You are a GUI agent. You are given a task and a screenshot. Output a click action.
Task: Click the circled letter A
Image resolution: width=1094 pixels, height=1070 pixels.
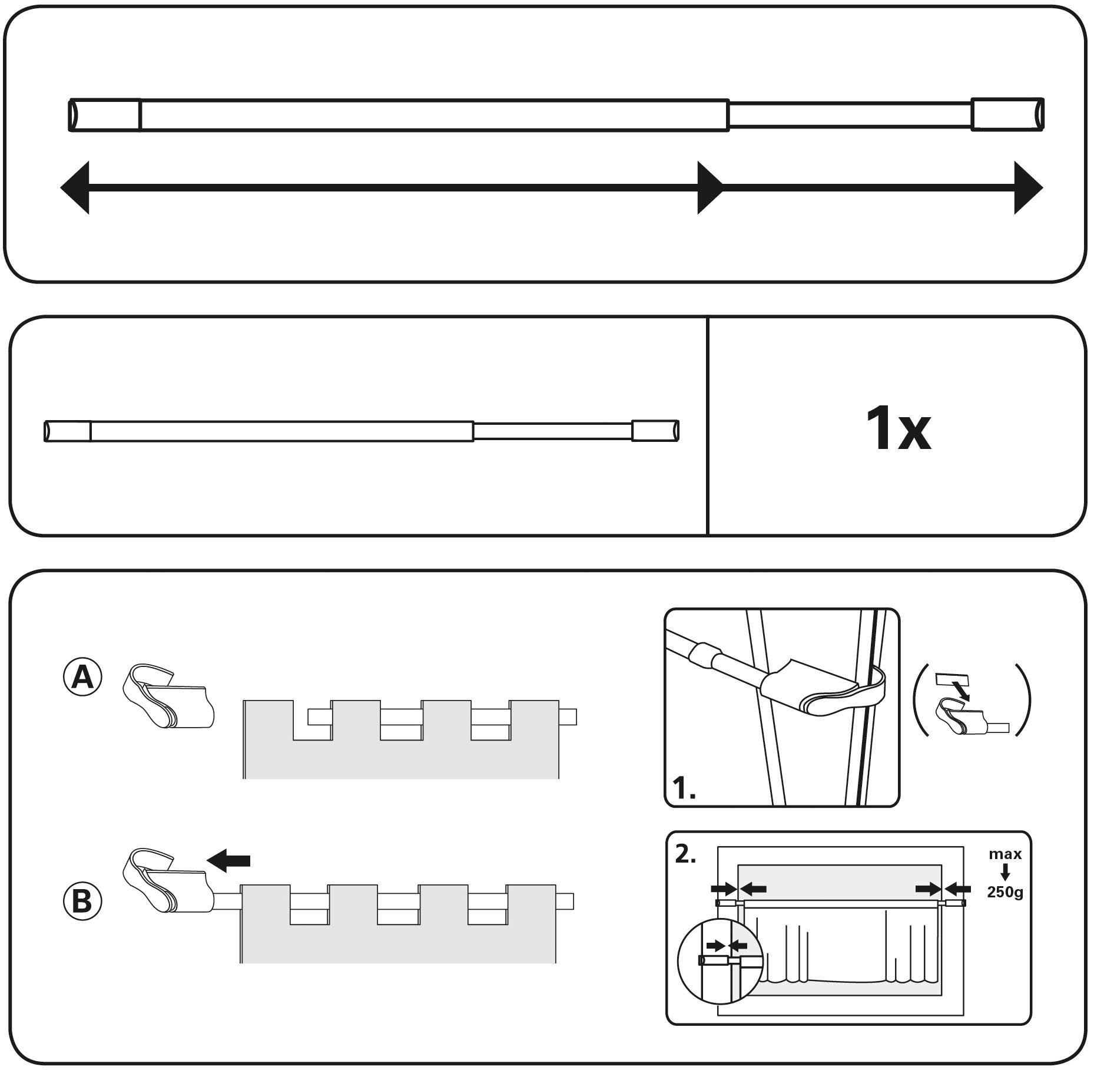tap(82, 678)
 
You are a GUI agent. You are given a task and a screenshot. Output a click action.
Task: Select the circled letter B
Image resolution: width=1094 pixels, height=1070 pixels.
tap(82, 901)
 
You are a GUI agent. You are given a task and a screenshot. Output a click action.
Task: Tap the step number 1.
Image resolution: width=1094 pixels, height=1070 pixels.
tap(684, 788)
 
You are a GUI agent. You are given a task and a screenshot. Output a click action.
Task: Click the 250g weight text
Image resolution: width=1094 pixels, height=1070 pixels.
tap(1005, 892)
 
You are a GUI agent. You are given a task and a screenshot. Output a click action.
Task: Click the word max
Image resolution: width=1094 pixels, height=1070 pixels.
tap(1005, 854)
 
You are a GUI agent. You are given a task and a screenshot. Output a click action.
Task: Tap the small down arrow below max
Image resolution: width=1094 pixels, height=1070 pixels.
tap(1005, 873)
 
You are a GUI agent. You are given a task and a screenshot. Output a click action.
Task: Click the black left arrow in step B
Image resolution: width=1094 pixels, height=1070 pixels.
tap(228, 861)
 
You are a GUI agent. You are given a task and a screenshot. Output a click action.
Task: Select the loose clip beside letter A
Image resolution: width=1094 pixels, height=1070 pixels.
tap(169, 697)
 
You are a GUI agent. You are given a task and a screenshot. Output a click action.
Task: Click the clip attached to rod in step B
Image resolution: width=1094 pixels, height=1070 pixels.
tap(167, 881)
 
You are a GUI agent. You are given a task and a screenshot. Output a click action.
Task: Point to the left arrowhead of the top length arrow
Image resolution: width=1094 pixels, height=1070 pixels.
tap(75, 188)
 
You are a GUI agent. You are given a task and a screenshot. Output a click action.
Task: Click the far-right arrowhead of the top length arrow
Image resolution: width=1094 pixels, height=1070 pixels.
tap(1027, 188)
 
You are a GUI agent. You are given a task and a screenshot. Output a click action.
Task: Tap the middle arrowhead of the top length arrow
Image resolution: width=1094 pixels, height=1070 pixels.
tap(710, 188)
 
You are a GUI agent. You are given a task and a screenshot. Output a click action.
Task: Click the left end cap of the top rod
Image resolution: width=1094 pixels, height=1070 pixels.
tap(105, 115)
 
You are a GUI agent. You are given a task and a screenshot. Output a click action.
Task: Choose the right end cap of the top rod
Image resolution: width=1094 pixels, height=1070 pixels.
tap(1007, 114)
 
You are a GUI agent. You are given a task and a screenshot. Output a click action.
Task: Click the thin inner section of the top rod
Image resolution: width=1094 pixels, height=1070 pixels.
tap(850, 115)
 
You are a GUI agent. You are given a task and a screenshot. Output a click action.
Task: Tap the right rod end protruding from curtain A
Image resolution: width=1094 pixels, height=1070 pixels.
tap(568, 716)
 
